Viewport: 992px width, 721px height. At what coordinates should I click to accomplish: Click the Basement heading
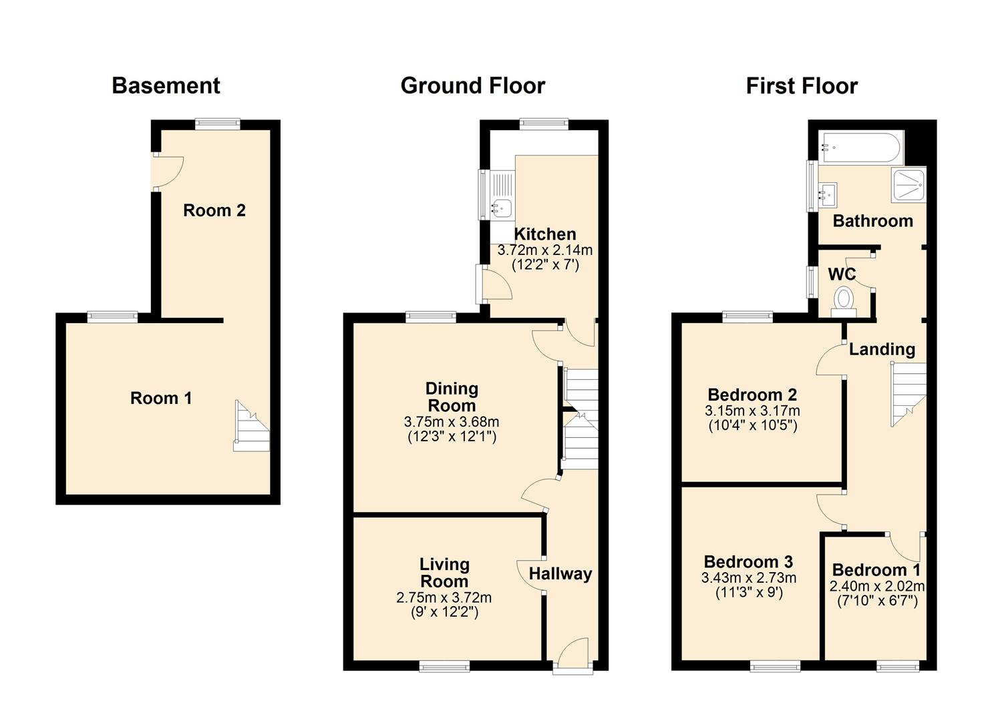tap(166, 85)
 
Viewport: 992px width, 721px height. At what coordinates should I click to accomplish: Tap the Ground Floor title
tap(472, 85)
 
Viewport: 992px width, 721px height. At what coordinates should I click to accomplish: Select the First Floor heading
tap(801, 85)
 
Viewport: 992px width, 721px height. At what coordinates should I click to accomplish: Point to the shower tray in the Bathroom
tap(908, 185)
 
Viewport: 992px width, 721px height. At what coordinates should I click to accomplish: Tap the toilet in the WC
tap(844, 300)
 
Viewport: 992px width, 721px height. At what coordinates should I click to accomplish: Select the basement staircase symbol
tap(251, 427)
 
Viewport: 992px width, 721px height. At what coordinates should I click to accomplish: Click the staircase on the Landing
tap(908, 393)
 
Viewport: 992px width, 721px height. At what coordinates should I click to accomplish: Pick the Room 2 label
tap(214, 210)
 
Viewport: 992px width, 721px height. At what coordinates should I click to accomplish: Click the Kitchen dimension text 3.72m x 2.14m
tap(544, 250)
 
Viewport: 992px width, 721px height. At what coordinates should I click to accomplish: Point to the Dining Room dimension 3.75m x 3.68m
tap(452, 422)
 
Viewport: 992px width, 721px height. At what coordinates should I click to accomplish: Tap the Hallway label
tap(560, 573)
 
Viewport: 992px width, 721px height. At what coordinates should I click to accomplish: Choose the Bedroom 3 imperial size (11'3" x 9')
tap(748, 592)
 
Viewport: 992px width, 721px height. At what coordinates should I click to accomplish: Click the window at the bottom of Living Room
tap(444, 665)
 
